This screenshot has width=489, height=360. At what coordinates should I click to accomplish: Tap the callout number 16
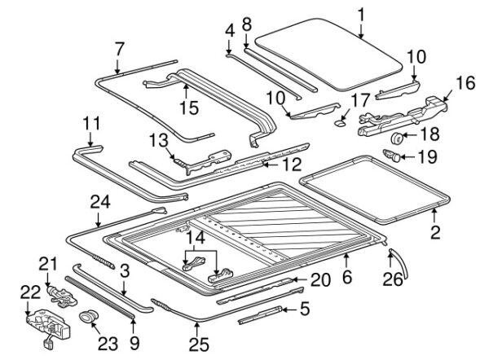click(x=464, y=83)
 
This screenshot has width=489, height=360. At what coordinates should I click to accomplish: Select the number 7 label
click(x=119, y=46)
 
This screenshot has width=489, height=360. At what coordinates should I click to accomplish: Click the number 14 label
click(x=196, y=237)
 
